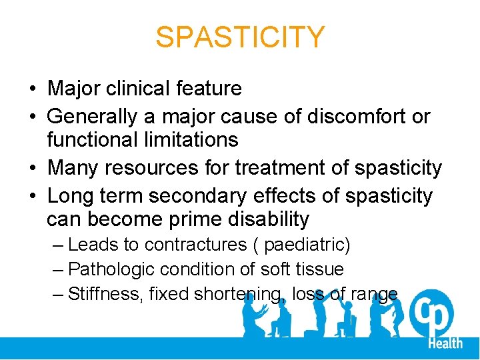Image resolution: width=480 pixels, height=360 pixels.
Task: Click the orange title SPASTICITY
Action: (x=240, y=37)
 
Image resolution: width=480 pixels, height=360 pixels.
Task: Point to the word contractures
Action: (x=195, y=245)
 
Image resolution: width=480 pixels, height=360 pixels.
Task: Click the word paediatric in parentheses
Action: (x=303, y=245)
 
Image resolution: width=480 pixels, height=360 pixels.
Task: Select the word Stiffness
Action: (x=104, y=293)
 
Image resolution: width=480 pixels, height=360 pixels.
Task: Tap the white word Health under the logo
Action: (x=445, y=343)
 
